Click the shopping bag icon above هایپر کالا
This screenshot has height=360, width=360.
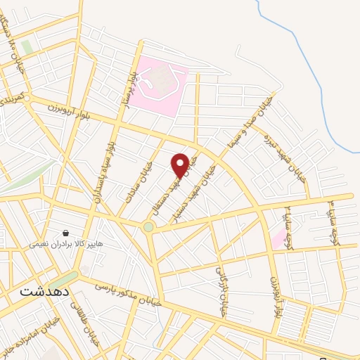point(65,233)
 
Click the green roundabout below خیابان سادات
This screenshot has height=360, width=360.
point(148,227)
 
